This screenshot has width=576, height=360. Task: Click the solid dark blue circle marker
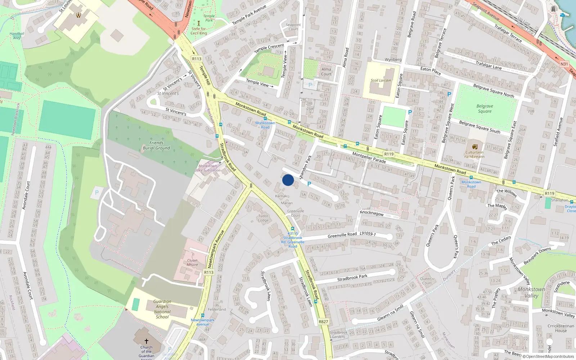[288, 180]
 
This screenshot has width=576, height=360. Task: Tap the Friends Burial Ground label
[156, 145]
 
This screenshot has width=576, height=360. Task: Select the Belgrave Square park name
[485, 109]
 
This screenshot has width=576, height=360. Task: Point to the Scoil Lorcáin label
[381, 80]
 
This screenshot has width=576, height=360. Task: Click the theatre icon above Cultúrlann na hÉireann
[474, 147]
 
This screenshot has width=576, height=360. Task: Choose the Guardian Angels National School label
[162, 309]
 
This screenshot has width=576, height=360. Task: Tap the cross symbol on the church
[146, 341]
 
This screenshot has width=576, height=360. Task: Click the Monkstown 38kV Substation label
[208, 168]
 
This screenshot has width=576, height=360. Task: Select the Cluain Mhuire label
[192, 262]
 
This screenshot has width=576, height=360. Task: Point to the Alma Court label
[326, 72]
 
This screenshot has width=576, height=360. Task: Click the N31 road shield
[564, 64]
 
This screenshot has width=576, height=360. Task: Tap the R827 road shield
[323, 321]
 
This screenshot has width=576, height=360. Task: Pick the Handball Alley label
[17, 36]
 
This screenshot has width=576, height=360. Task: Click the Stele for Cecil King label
[199, 31]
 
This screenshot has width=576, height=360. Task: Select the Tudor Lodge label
[263, 218]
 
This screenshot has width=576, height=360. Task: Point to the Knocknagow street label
[372, 213]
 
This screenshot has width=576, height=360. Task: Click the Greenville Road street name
[342, 235]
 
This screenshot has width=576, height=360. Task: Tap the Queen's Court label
[427, 281]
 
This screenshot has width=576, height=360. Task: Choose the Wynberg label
[393, 60]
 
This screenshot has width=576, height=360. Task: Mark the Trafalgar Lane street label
[489, 65]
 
